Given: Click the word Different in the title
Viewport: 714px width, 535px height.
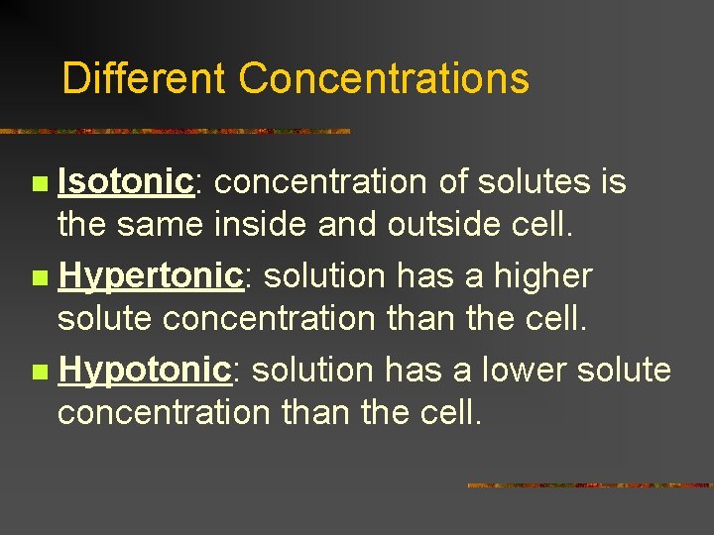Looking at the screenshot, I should [x=144, y=78].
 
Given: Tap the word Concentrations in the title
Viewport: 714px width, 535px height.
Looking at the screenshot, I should [x=384, y=78].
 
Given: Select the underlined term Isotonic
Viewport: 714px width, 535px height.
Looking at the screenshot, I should [x=125, y=182].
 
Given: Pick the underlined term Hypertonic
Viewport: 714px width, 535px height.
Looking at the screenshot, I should [x=151, y=276].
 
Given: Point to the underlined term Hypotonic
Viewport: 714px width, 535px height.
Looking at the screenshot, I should [x=145, y=371].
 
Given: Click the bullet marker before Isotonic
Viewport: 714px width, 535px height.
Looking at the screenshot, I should [x=39, y=184].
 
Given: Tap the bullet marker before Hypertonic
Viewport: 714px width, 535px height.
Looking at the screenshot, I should [x=39, y=278].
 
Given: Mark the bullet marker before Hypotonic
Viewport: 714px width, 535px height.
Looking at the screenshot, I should [x=39, y=373].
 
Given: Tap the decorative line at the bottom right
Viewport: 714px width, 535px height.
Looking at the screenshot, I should [x=589, y=484].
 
